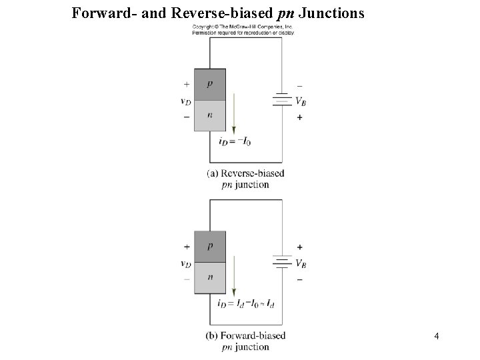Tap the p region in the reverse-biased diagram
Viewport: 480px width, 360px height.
[210, 84]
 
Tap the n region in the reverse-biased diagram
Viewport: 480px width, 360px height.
[210, 115]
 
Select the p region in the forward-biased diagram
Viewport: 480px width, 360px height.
[210, 246]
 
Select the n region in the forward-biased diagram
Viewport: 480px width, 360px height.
[210, 277]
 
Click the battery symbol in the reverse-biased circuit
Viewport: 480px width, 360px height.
[283, 100]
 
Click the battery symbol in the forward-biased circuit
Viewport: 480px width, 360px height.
[283, 262]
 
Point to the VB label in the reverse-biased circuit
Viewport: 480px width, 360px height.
[301, 101]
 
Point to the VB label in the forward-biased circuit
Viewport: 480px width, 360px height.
[301, 263]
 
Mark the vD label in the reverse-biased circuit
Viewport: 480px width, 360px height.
[186, 101]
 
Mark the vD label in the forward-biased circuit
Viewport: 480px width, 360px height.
[186, 263]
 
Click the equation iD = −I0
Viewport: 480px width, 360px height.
[235, 141]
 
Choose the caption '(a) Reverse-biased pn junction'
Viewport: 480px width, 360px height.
[245, 179]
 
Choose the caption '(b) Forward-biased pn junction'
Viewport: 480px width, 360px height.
[246, 341]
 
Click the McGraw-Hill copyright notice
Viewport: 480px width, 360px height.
[243, 29]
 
